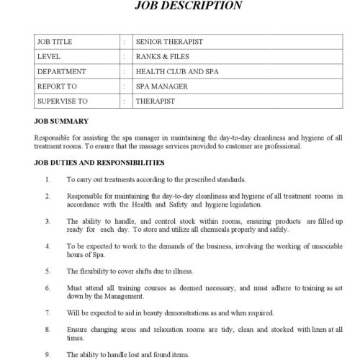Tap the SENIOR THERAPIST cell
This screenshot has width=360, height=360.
point(168,41)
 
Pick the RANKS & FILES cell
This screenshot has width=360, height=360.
point(163,56)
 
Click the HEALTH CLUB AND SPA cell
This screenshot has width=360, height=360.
point(179,71)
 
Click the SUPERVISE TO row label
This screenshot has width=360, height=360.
point(66,102)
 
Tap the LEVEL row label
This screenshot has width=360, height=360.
point(51,56)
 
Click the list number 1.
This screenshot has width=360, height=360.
point(47,179)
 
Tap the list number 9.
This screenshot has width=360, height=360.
point(47,354)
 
